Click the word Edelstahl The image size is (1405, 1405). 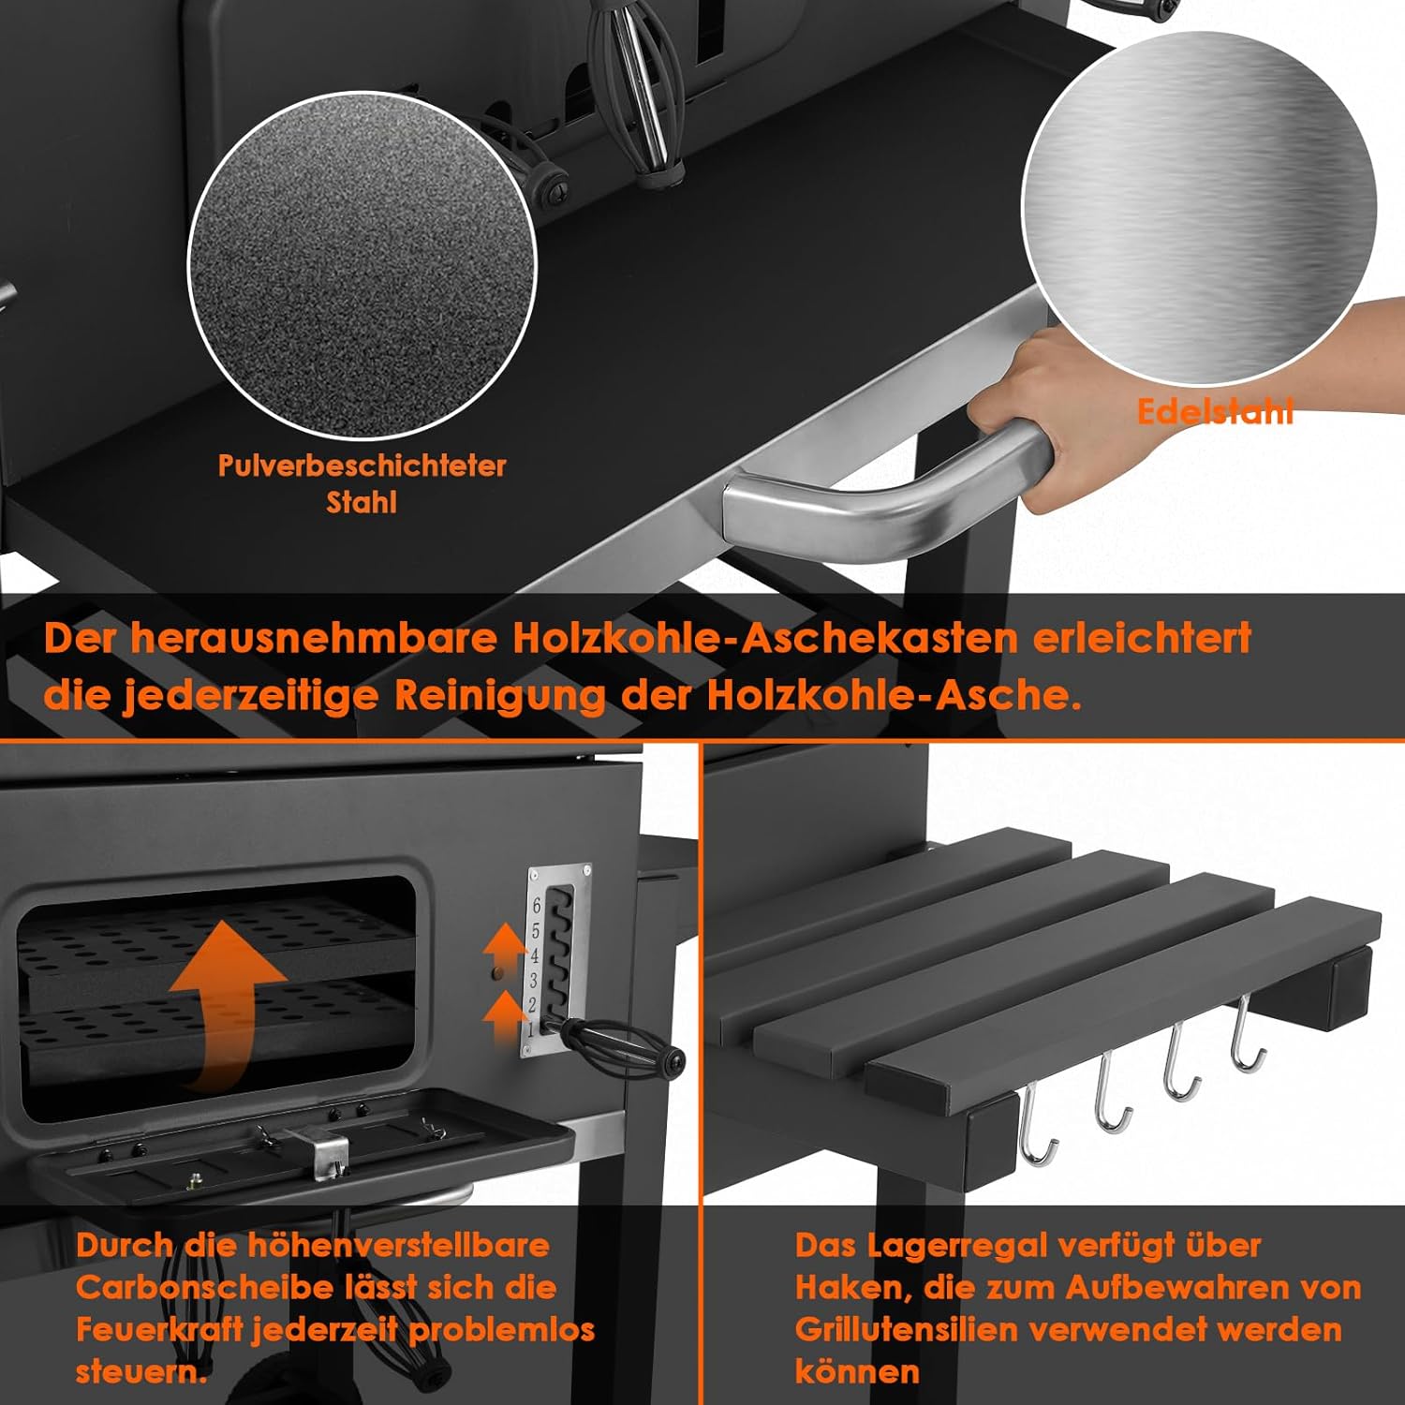pos(1215,411)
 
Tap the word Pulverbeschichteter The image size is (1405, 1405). pos(362,466)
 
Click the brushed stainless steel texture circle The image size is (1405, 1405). pos(1199,209)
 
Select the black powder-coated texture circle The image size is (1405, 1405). pos(362,265)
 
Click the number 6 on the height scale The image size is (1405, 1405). pos(537,906)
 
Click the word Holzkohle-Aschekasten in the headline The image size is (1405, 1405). pos(765,638)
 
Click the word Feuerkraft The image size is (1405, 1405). pos(159,1329)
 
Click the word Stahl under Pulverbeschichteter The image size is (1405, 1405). pos(362,503)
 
